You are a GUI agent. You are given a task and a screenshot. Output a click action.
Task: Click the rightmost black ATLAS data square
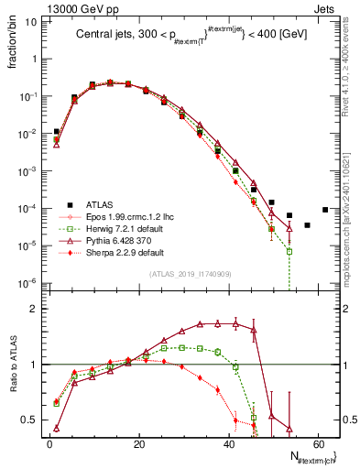pyautogui.click(x=325, y=209)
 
